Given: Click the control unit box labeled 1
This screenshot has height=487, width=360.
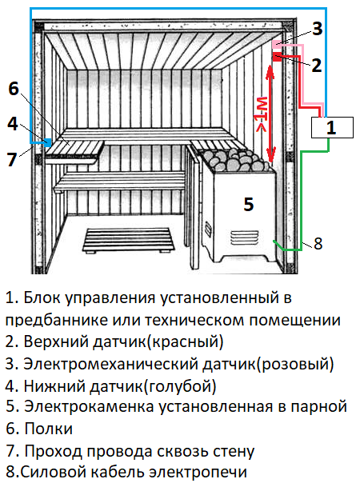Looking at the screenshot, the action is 332,127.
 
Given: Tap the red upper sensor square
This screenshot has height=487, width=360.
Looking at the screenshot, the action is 277,57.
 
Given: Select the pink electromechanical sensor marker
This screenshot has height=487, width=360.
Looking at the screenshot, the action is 277,45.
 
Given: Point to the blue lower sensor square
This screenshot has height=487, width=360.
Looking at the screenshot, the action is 48,142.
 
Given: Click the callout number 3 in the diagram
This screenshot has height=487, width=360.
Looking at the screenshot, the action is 317,29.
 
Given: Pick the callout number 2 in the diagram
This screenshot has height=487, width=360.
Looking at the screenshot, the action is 316,66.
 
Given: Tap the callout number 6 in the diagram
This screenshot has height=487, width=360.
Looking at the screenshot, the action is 14,89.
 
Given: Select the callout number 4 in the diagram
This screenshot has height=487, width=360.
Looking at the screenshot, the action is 13,124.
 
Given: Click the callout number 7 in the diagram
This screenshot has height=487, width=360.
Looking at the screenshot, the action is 12,159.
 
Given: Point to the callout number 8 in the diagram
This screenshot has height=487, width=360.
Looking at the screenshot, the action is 318,243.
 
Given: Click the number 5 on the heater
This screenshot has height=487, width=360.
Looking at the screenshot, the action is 249,204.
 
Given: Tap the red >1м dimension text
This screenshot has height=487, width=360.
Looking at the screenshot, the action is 261,114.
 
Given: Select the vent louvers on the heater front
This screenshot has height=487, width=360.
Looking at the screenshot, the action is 244,238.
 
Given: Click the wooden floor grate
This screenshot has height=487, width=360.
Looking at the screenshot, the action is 128,241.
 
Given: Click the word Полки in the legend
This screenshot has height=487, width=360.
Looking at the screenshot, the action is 49,429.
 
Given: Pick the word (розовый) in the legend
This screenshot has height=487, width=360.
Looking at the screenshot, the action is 295,364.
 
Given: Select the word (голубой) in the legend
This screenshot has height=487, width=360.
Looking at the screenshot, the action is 180,386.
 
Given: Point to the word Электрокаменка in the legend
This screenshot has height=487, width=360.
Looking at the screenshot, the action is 89,406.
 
